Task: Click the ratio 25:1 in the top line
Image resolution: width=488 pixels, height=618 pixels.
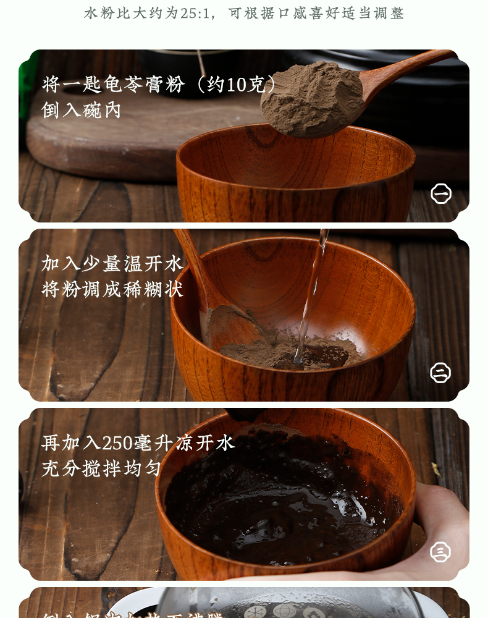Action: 196,13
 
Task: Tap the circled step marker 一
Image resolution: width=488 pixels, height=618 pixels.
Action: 440,193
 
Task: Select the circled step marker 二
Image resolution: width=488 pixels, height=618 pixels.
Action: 440,373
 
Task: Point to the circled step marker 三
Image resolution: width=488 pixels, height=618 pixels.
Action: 440,551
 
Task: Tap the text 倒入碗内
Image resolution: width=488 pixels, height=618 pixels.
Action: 81,111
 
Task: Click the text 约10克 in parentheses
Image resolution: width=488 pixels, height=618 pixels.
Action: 236,84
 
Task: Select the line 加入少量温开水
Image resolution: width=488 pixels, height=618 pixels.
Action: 112,263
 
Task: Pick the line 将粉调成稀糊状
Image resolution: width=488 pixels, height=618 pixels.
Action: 112,289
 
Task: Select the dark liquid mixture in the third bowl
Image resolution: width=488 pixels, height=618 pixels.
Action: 278,501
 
